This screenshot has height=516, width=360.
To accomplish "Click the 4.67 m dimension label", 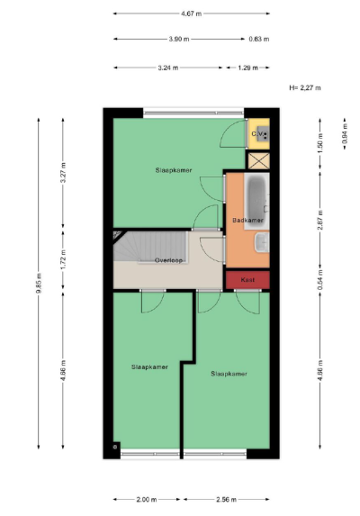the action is [x=191, y=14].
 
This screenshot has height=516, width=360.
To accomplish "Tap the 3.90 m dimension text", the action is [x=179, y=39].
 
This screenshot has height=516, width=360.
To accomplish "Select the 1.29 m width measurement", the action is [x=247, y=68].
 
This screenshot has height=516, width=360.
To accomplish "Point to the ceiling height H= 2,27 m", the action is [x=305, y=88].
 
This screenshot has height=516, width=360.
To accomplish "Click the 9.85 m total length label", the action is [x=39, y=283].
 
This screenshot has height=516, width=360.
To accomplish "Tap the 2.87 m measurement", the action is [x=320, y=220].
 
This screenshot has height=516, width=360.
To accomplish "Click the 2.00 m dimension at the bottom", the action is [x=147, y=499].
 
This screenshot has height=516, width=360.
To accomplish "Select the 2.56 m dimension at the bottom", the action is [x=226, y=499].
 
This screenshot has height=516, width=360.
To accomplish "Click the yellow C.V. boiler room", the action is [x=258, y=134].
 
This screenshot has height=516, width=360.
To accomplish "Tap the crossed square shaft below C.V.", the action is [x=258, y=161].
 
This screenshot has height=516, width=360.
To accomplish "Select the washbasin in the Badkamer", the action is [x=262, y=242].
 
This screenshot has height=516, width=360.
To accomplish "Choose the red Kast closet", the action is [x=247, y=280].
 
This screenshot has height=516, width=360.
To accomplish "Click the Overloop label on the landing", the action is [x=168, y=260].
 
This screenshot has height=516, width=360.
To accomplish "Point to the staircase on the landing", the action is [x=150, y=246].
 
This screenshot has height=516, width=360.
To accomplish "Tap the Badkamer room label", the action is [x=247, y=220].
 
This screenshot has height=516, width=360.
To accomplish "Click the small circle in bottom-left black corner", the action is [x=115, y=447].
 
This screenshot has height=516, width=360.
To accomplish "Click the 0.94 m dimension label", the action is [x=345, y=134].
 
